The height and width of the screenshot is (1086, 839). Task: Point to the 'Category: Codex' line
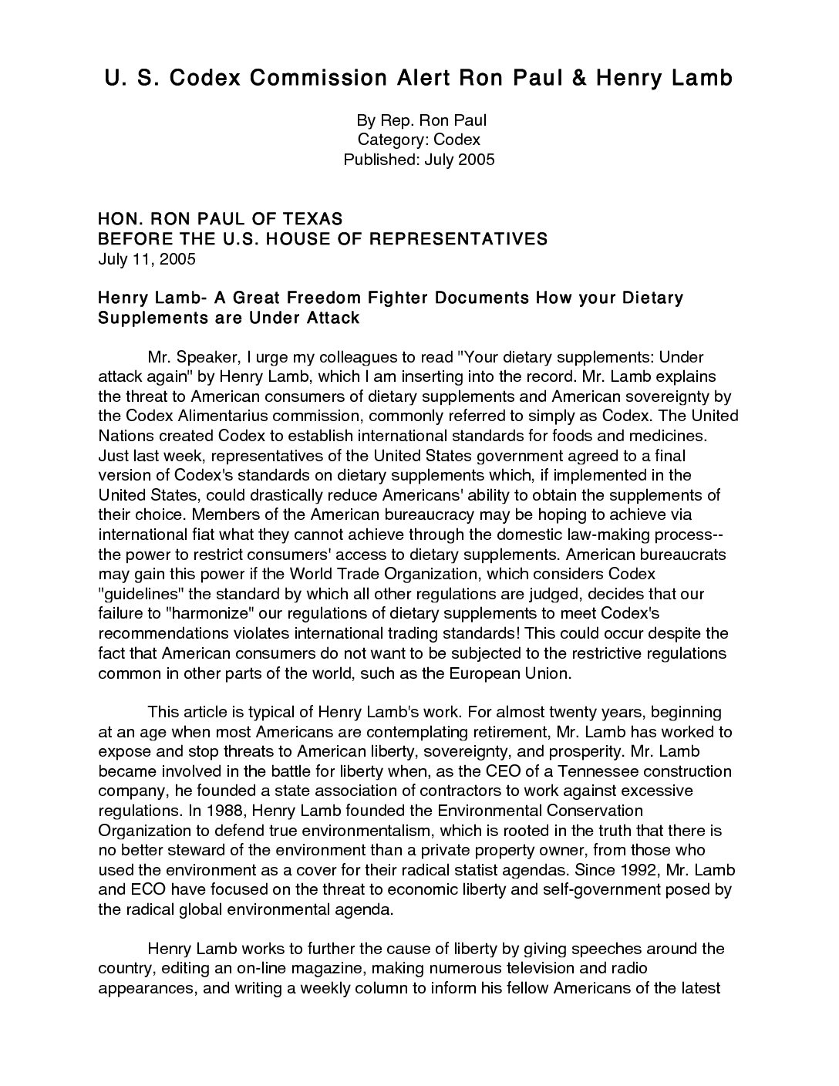click(x=419, y=140)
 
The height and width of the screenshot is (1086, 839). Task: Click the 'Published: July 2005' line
click(x=419, y=160)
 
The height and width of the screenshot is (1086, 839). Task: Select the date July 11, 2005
click(x=147, y=259)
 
